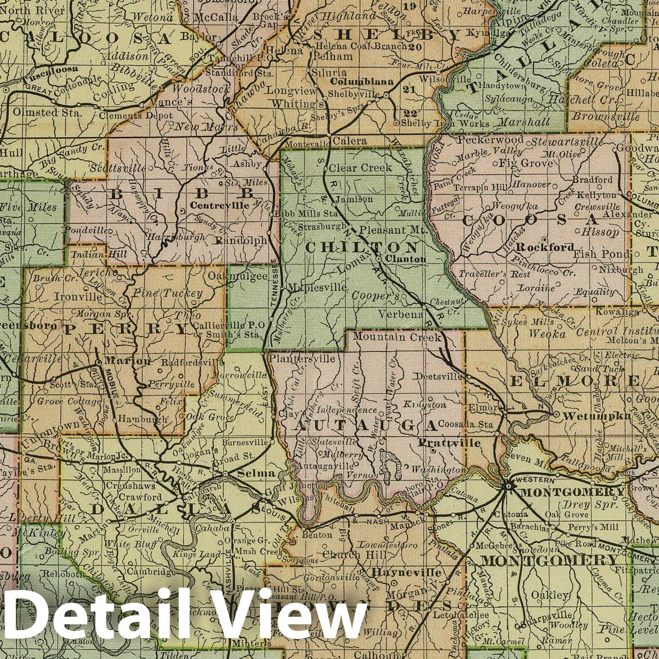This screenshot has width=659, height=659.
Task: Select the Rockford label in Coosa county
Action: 544,248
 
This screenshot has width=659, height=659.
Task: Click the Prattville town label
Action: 449,443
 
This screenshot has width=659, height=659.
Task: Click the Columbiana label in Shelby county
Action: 362,82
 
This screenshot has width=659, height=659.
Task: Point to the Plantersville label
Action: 301,358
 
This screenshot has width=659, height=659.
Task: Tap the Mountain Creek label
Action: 397,338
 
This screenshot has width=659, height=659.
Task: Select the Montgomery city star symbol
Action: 508,486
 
